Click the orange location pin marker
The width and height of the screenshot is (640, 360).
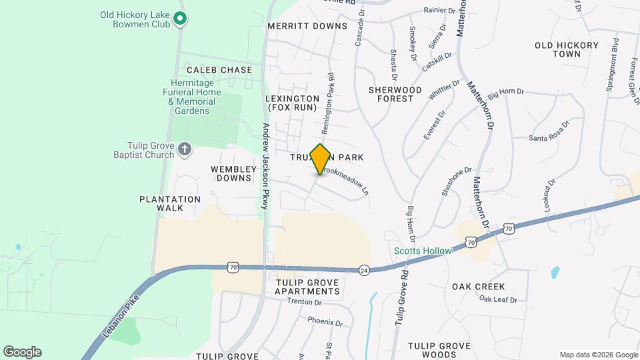click(x=321, y=159)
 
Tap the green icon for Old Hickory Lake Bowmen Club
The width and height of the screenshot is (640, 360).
click(x=179, y=19)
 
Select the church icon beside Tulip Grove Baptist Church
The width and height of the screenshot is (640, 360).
click(x=185, y=148)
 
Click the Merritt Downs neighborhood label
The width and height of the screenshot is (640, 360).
click(x=307, y=26)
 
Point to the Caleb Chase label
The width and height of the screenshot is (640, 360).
click(x=219, y=70)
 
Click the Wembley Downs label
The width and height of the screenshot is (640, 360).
click(x=233, y=174)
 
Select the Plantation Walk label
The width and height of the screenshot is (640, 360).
click(x=170, y=203)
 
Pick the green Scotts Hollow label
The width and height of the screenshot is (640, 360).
click(x=423, y=251)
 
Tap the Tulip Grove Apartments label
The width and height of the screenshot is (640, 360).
click(x=307, y=287)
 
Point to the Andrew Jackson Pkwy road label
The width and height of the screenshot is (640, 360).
click(x=265, y=166)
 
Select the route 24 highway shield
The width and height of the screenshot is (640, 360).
click(x=364, y=270)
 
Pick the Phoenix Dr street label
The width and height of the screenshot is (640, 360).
click(x=325, y=321)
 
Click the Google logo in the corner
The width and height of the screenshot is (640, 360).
click(x=22, y=352)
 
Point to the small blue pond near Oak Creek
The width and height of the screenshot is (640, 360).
click(x=555, y=272)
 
